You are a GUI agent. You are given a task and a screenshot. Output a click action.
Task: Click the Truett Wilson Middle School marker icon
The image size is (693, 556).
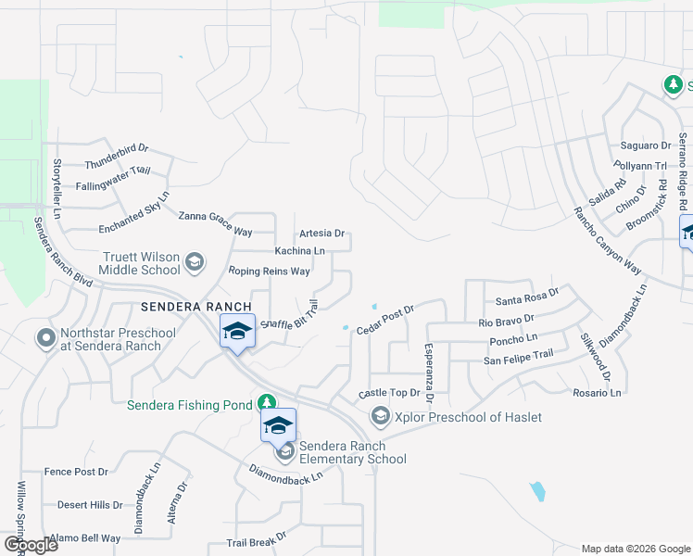coord(195,262)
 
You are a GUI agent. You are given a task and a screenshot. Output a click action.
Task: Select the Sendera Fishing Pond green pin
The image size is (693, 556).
coord(267,401)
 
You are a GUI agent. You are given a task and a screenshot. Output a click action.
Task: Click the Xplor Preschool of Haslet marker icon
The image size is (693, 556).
coord(380,417)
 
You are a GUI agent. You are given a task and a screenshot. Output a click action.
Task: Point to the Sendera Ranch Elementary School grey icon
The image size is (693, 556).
coord(285,451)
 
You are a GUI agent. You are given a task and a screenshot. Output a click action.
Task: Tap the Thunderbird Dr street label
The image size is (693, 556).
coord(117,156)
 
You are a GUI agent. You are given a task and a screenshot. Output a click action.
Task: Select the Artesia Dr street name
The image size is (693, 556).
coord(321,234)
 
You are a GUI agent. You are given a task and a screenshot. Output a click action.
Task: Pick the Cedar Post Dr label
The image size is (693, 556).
coord(385,320)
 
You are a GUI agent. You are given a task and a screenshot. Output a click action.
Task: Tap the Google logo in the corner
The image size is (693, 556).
coord(31,545)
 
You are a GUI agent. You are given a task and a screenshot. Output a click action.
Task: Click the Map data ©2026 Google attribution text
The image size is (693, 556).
coord(635,549)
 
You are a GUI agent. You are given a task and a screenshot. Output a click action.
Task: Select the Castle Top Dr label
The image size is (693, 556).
coord(389,393)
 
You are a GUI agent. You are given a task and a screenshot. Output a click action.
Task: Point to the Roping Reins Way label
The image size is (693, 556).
coord(269,272)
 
